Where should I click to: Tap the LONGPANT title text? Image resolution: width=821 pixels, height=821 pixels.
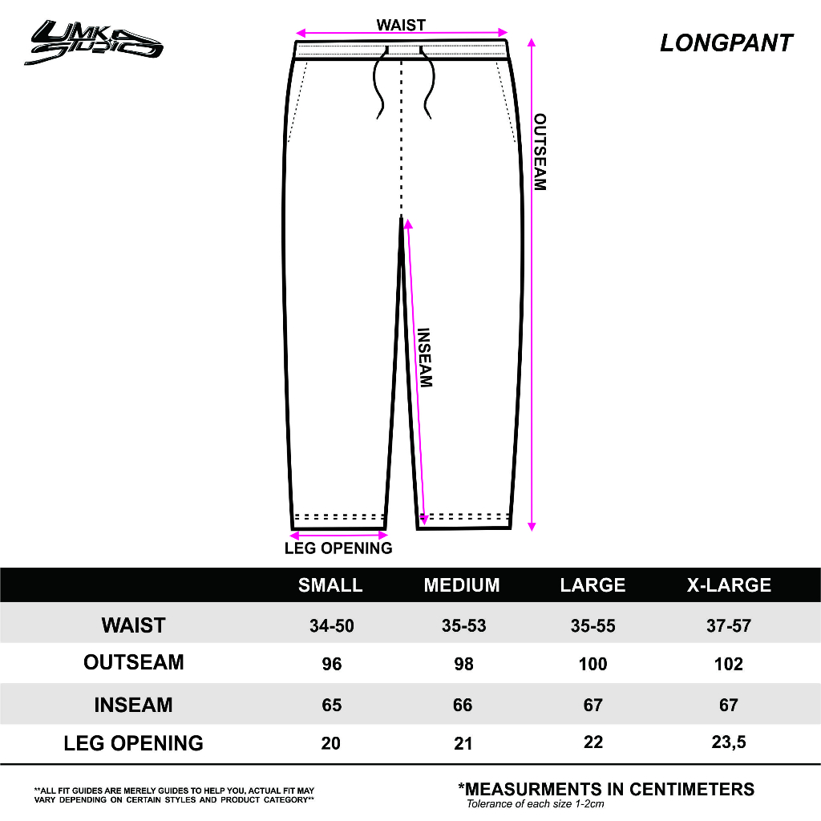(726, 43)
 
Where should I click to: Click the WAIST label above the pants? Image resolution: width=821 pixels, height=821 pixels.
(401, 25)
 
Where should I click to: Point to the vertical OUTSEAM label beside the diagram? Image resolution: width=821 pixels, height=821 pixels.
(540, 152)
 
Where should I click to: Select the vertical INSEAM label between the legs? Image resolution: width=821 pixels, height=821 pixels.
(425, 358)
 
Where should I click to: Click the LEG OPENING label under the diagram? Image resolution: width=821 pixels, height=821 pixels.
(338, 548)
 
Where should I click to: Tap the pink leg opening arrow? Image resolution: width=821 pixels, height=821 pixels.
(338, 534)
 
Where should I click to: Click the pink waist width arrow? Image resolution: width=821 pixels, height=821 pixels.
(401, 34)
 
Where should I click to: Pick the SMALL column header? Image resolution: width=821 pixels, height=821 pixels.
(330, 585)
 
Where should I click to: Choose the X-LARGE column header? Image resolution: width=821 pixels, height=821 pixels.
(729, 585)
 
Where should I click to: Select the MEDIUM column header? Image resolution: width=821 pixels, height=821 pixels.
(462, 585)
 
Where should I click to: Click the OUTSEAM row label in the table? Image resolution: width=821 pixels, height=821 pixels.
(134, 662)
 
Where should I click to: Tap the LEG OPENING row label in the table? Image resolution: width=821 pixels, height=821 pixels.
(134, 743)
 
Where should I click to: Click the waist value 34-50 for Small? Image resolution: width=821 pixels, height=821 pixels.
(331, 625)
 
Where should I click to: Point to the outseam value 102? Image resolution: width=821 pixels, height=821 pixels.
(728, 664)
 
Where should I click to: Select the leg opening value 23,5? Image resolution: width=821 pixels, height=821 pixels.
(728, 742)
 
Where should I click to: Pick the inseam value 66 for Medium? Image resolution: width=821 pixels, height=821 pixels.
(463, 705)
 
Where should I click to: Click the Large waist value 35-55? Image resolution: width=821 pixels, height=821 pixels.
(593, 625)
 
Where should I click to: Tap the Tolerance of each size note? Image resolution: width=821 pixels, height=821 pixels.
(535, 803)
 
